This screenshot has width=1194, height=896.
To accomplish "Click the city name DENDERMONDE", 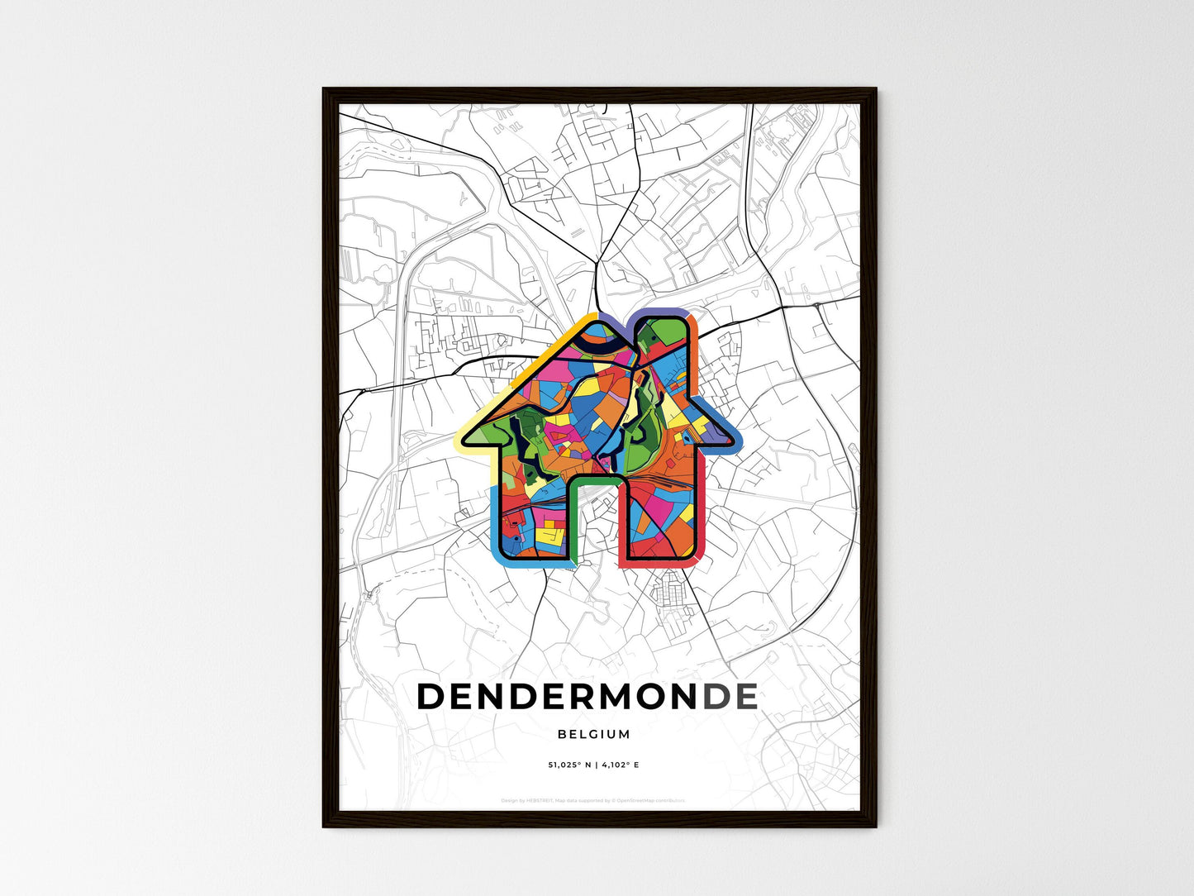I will (x=587, y=697).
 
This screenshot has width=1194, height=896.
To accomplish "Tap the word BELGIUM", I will (x=593, y=734).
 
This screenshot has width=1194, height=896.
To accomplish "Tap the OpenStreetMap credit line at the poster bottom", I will (x=592, y=800).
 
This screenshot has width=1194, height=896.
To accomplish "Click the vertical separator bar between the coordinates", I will (x=594, y=765).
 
